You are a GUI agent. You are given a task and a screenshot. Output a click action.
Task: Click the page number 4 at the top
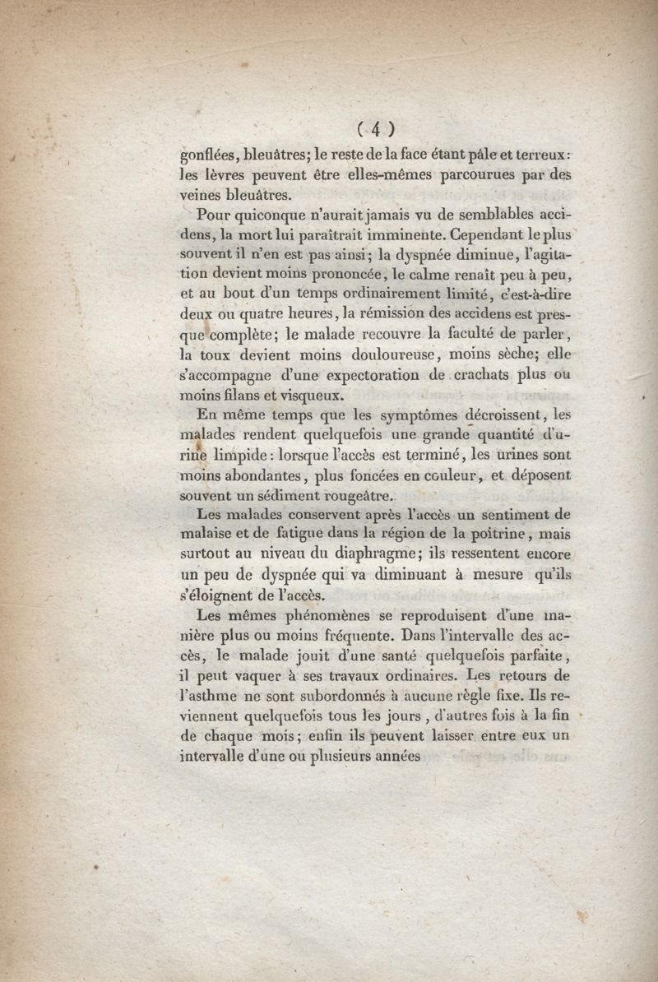376,128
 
